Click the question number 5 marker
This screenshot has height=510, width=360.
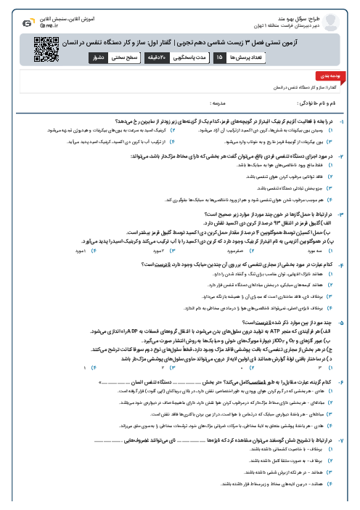pos(351,320)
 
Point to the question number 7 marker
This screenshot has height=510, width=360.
pos(351,441)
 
